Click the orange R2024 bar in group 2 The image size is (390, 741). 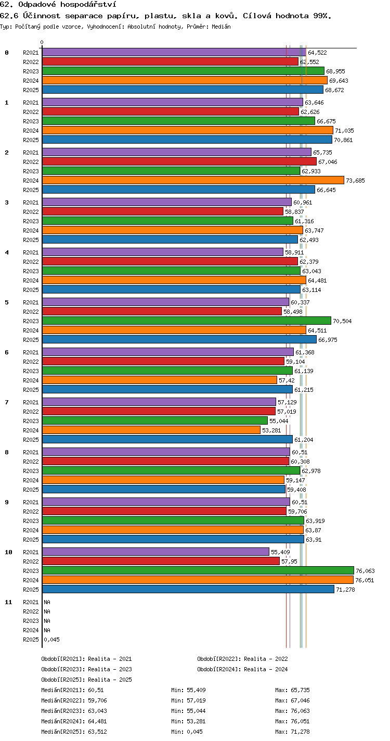(x=193, y=180)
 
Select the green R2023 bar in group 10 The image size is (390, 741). (x=198, y=570)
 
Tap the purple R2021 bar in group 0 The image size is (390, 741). (x=174, y=52)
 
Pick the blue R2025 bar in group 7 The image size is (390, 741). (x=167, y=439)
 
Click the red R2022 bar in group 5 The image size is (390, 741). (x=162, y=311)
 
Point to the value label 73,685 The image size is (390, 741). (x=355, y=181)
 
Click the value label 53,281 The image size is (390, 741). (x=271, y=430)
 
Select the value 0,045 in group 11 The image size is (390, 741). (x=51, y=640)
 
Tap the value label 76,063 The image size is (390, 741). (x=365, y=571)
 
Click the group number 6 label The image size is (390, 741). (x=7, y=352)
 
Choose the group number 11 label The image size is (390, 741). (x=8, y=602)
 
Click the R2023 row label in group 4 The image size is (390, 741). (x=31, y=271)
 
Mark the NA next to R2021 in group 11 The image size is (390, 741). (x=47, y=602)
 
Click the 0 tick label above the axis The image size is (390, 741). (x=42, y=42)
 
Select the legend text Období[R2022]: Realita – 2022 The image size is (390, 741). (x=243, y=659)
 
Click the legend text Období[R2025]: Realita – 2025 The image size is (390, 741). (x=87, y=680)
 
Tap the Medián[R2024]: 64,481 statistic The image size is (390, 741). (x=74, y=721)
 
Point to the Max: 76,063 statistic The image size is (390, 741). (x=292, y=711)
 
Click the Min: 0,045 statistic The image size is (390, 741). (x=187, y=732)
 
